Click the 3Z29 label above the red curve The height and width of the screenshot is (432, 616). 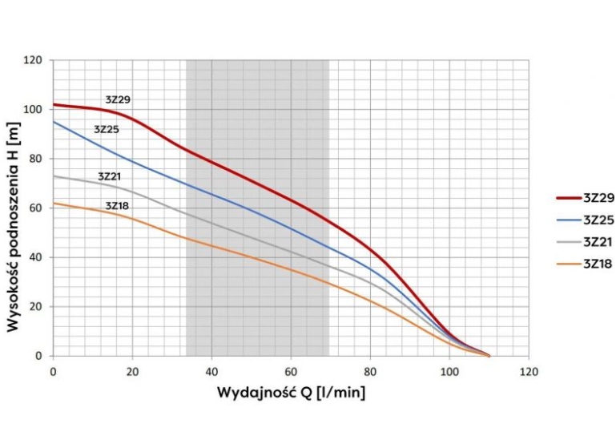tap(118, 100)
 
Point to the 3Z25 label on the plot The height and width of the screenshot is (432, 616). tap(107, 129)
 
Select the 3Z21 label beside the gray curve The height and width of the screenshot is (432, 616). tap(111, 176)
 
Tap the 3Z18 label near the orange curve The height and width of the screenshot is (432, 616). tap(117, 205)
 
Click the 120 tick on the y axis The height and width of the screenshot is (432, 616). tap(33, 60)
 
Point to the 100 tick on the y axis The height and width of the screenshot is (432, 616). tap(33, 109)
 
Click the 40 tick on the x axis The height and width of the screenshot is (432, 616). tap(211, 372)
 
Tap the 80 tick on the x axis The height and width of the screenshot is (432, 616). tap(370, 372)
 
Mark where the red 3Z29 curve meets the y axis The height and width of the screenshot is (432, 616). tap(54, 104)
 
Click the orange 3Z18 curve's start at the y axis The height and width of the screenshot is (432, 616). tap(54, 203)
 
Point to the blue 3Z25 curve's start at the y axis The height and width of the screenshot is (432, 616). tap(54, 122)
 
